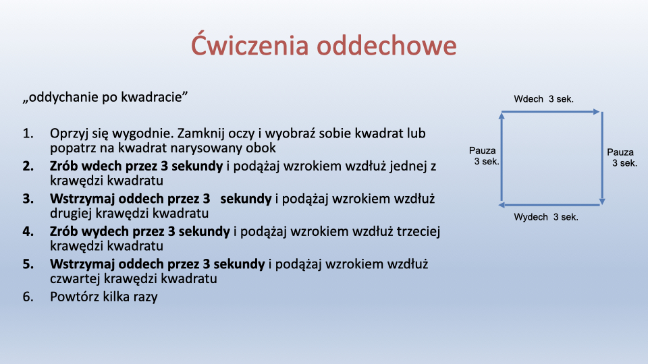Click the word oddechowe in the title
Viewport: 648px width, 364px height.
[x=387, y=44]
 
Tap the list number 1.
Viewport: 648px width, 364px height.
[x=28, y=133]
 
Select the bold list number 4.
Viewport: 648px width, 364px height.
[x=28, y=231]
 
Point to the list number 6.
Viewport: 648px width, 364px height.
[x=28, y=297]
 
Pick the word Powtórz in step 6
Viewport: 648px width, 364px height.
[x=74, y=297]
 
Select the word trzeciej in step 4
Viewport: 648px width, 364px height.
[x=418, y=231]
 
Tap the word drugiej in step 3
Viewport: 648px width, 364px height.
[x=71, y=214]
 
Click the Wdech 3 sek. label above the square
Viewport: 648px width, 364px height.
[x=543, y=99]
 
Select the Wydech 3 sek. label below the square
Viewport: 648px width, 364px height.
[x=546, y=217]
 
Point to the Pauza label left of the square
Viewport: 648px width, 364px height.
[x=482, y=150]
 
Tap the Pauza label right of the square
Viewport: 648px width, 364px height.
[x=620, y=152]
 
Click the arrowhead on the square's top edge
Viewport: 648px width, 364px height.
[x=596, y=112]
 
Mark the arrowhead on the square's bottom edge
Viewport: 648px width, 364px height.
[x=502, y=205]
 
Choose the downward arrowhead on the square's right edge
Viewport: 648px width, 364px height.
[x=602, y=202]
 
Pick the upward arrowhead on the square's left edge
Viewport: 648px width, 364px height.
[x=502, y=115]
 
